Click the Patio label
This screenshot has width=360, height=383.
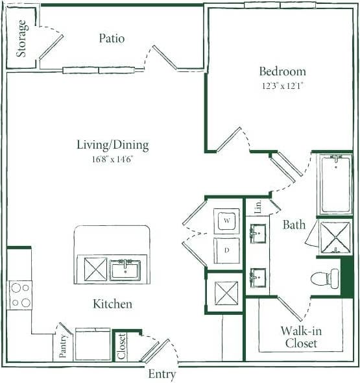(x=112, y=38)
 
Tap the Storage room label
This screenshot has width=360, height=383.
(x=21, y=38)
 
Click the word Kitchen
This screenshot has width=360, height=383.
(x=112, y=304)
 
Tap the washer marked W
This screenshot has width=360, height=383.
(x=227, y=221)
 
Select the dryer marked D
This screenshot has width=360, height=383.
(x=227, y=250)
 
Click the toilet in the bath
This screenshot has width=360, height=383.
(x=324, y=278)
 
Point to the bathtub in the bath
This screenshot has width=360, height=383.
(x=335, y=184)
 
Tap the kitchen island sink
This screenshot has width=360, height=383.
(x=125, y=269)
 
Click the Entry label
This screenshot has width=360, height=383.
(x=162, y=374)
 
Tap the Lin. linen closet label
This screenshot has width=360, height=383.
(x=258, y=207)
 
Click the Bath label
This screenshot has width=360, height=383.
(x=294, y=225)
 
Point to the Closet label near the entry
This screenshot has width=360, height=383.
(x=120, y=347)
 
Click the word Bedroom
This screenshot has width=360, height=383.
(x=282, y=71)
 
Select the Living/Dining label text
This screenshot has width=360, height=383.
(x=113, y=145)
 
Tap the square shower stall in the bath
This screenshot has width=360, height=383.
(x=336, y=238)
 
